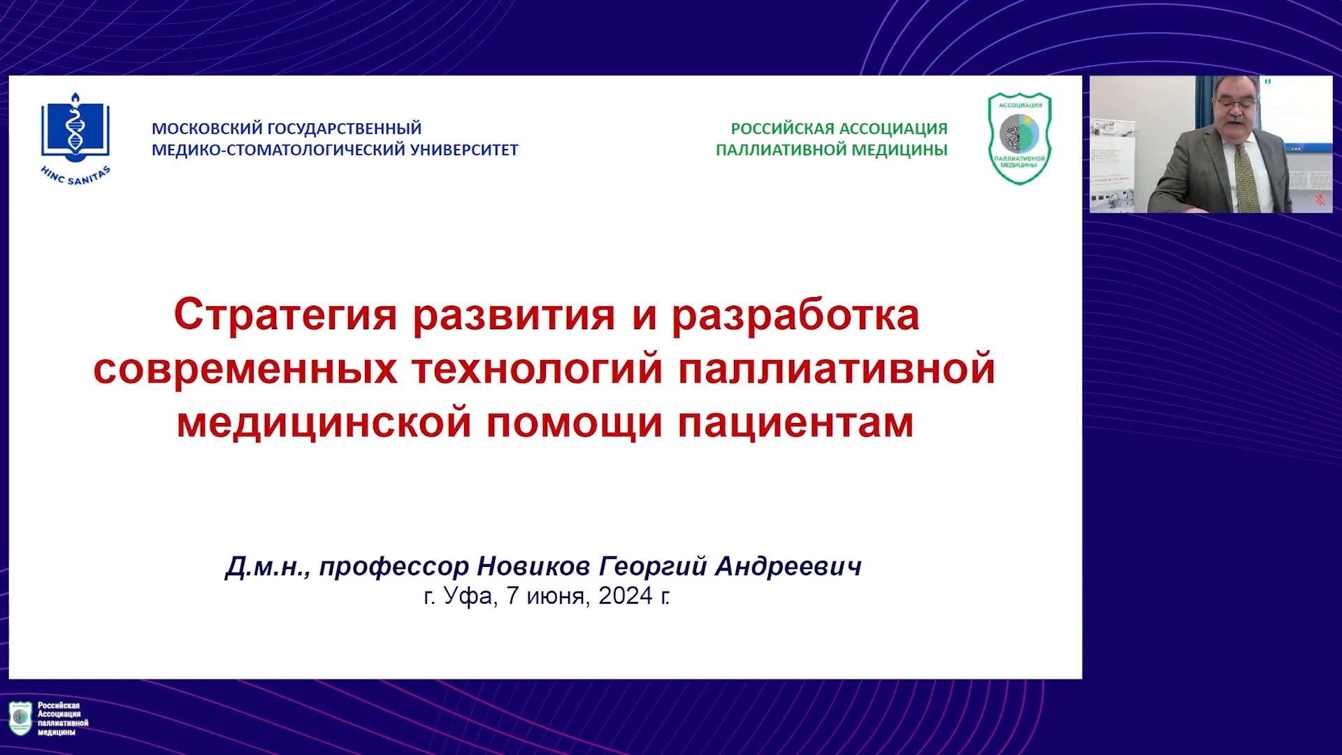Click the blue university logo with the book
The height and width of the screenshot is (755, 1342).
[75, 139]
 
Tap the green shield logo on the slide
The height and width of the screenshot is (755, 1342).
[1020, 138]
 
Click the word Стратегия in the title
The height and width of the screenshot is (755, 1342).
[286, 316]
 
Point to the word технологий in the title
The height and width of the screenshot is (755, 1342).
[537, 369]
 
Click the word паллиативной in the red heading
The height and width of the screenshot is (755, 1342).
[837, 369]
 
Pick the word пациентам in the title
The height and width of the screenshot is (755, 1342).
[795, 424]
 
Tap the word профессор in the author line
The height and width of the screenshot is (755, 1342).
[394, 567]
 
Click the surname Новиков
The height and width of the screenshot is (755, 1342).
[533, 566]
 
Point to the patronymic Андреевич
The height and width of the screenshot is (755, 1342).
[788, 566]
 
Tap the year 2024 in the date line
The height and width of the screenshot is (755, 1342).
[626, 596]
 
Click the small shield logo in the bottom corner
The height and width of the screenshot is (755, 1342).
[20, 718]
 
